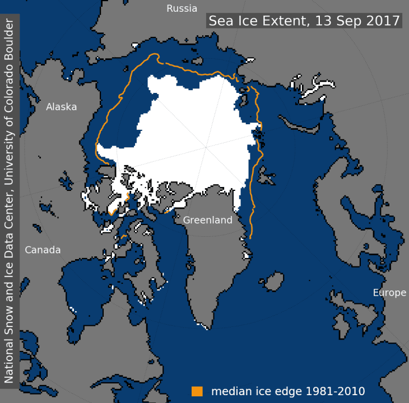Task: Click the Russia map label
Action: click(x=182, y=8)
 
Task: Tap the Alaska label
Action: click(x=61, y=106)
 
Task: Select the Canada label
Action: click(x=43, y=250)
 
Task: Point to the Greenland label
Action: click(x=208, y=220)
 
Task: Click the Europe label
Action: click(x=389, y=293)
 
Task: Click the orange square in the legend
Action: click(x=197, y=390)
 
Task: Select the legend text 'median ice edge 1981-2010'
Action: click(x=288, y=390)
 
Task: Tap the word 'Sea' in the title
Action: click(x=220, y=21)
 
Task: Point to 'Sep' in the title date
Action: click(x=346, y=21)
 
